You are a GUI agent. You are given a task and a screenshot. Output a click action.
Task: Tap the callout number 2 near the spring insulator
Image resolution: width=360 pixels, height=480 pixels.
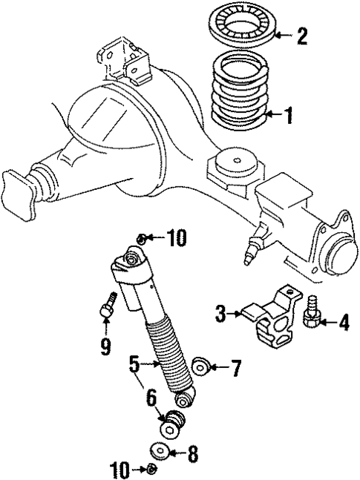click(x=301, y=36)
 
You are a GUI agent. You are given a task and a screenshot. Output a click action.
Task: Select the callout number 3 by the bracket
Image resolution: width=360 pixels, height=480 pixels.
click(x=220, y=314)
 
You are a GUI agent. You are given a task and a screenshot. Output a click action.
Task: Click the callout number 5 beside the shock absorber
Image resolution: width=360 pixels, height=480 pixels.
click(x=134, y=364)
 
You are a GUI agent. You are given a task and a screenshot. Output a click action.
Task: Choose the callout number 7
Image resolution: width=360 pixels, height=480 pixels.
click(x=235, y=366)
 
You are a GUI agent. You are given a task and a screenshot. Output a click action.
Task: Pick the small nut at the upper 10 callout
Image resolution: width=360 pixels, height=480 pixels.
click(x=142, y=238)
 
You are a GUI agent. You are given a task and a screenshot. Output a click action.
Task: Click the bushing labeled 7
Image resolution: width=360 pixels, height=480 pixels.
click(x=200, y=366)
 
